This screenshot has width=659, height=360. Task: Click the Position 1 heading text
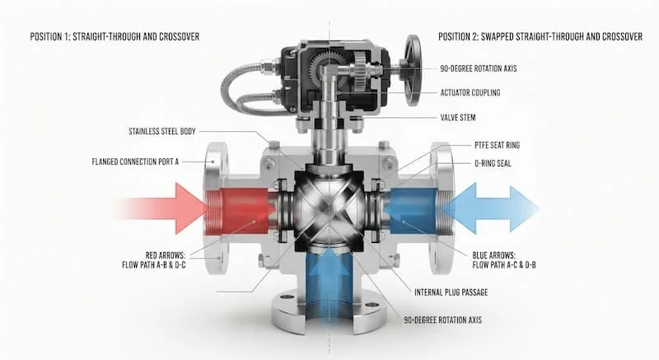click(x=115, y=36)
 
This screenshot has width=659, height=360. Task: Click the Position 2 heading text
click(x=540, y=36)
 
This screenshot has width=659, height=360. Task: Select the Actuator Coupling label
click(x=470, y=92)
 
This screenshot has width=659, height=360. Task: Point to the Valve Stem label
click(x=458, y=117)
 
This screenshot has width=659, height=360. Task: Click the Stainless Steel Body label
click(x=162, y=131)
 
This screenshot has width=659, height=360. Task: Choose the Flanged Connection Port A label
click(x=135, y=161)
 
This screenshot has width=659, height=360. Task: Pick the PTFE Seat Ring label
click(x=498, y=145)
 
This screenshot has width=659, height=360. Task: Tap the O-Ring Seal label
click(x=493, y=163)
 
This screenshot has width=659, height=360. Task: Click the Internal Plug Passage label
click(x=451, y=292)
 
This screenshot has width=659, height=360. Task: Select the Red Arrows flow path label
click(x=154, y=260)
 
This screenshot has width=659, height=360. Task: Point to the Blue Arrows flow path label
click(x=504, y=260)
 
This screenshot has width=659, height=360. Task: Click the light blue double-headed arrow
click(x=493, y=208)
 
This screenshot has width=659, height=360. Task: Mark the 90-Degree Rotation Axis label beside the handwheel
click(x=479, y=68)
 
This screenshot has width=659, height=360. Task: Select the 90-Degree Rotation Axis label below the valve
click(x=443, y=320)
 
